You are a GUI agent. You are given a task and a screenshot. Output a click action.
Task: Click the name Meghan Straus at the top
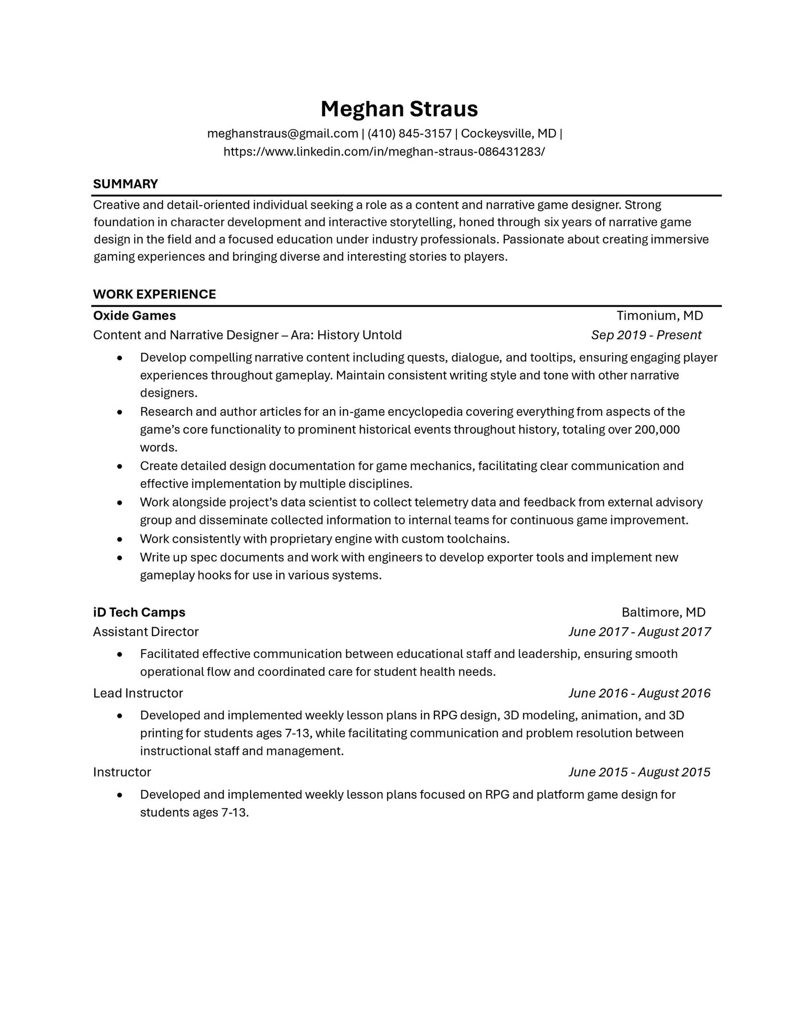pyautogui.click(x=399, y=109)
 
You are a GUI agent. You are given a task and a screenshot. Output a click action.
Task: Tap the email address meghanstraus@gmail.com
pyautogui.click(x=283, y=133)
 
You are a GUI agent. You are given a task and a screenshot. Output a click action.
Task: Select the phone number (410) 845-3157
pyautogui.click(x=410, y=133)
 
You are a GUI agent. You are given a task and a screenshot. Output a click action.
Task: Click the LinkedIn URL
pyautogui.click(x=384, y=152)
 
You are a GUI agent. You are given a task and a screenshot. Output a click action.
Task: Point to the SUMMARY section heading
pyautogui.click(x=126, y=184)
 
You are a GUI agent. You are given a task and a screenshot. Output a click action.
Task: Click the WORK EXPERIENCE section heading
pyautogui.click(x=154, y=294)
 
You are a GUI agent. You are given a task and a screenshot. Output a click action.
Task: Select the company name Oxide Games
pyautogui.click(x=134, y=316)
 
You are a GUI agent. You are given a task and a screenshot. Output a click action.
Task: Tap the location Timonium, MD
pyautogui.click(x=660, y=316)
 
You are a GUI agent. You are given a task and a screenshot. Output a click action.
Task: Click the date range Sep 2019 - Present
pyautogui.click(x=646, y=335)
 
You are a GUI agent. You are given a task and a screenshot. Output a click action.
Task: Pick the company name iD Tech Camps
pyautogui.click(x=139, y=612)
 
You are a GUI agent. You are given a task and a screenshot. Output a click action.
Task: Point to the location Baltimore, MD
pyautogui.click(x=663, y=612)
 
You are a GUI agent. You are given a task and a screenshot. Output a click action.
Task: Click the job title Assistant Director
pyautogui.click(x=146, y=632)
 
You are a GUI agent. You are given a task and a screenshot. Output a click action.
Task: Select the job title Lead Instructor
pyautogui.click(x=138, y=693)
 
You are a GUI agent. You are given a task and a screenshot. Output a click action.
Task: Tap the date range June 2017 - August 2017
pyautogui.click(x=639, y=632)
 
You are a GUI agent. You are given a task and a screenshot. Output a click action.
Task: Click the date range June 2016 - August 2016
pyautogui.click(x=639, y=693)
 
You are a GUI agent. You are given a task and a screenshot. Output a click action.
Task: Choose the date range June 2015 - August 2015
pyautogui.click(x=639, y=772)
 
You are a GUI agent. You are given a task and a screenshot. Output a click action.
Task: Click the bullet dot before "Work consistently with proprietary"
pyautogui.click(x=120, y=539)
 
